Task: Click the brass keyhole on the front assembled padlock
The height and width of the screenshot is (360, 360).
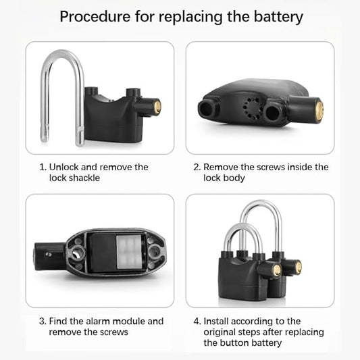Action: [x=276, y=271]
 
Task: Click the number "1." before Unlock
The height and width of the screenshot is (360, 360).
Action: [x=43, y=167]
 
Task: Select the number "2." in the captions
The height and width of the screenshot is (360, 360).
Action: [x=197, y=167]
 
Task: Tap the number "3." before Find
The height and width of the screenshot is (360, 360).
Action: [x=43, y=322]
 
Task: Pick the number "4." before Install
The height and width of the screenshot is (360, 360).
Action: [x=197, y=322]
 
